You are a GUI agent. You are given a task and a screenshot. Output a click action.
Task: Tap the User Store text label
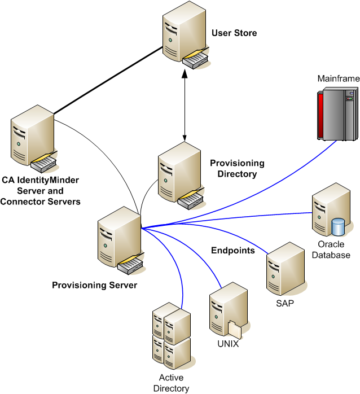click(234, 33)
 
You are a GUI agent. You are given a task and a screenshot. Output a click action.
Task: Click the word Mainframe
click(339, 78)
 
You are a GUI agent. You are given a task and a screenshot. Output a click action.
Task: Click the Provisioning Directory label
click(237, 169)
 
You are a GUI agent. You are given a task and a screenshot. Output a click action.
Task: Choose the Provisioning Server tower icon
click(119, 238)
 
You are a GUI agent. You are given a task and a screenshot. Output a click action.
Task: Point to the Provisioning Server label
click(94, 286)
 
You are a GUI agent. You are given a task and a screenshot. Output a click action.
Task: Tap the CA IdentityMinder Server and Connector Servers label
click(47, 191)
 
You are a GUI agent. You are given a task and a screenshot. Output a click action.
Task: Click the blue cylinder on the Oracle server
click(339, 227)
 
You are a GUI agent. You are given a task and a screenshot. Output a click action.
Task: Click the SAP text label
click(285, 303)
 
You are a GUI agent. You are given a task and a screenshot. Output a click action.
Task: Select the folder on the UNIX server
click(235, 330)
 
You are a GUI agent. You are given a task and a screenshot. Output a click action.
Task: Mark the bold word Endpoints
click(233, 250)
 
